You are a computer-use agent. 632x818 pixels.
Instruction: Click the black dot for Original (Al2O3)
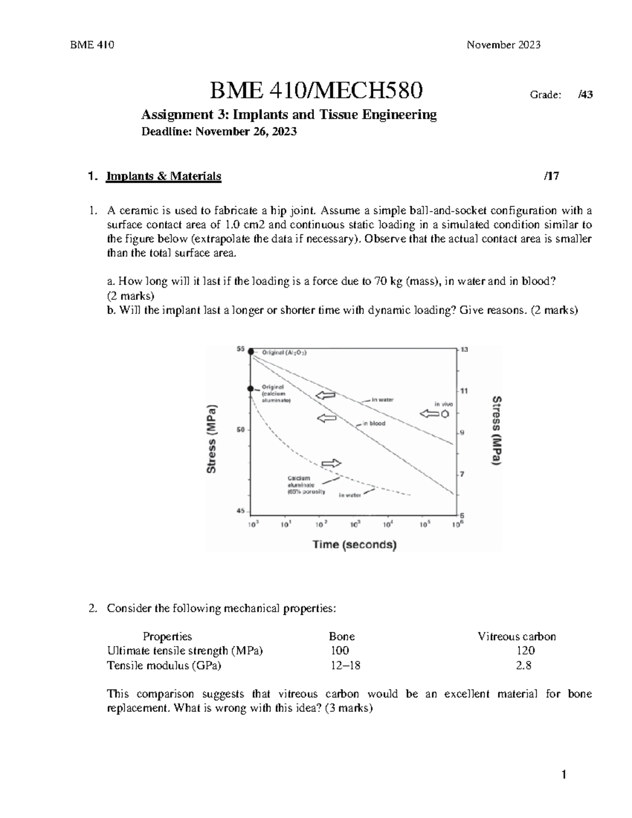coord(251,352)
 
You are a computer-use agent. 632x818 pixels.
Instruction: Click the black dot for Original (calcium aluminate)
coord(251,389)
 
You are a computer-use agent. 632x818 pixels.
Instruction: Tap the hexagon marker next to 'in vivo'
coord(445,414)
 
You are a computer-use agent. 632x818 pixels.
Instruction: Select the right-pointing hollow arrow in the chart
coord(331,464)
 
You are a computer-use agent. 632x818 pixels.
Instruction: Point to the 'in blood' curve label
coord(374,423)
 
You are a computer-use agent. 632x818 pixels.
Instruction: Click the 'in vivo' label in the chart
coord(443,403)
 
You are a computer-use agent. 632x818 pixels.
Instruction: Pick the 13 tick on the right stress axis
coord(465,350)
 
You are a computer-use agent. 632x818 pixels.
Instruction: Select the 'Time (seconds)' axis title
coord(354,545)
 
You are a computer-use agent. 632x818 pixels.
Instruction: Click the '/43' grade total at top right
coord(585,95)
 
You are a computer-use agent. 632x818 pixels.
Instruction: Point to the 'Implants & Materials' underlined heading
coord(163,176)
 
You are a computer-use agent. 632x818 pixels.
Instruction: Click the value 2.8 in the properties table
coord(524,665)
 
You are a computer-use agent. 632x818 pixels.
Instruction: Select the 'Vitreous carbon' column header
coord(516,636)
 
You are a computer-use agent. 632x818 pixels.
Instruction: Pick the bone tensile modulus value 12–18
coord(345,665)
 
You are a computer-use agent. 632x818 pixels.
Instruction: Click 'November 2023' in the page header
coord(503,45)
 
